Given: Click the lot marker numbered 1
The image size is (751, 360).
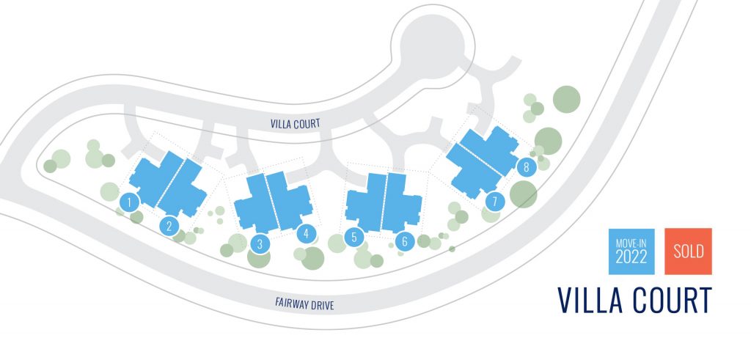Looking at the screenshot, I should (x=129, y=201).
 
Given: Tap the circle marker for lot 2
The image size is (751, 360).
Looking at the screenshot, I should (x=169, y=226).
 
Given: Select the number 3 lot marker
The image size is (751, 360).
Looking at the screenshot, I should (x=259, y=243).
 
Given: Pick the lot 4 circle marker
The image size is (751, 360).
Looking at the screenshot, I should (x=306, y=234).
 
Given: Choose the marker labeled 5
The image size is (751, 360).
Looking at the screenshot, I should (x=354, y=237).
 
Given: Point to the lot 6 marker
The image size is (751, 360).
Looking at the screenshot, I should (x=404, y=240).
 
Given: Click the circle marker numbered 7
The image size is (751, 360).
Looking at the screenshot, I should (x=494, y=200).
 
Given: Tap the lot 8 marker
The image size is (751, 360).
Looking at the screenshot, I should (x=526, y=167).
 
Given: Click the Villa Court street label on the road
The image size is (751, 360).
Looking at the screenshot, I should (x=294, y=125).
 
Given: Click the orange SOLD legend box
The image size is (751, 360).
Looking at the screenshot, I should (x=688, y=251).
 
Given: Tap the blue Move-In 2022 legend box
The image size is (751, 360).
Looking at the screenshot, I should (x=631, y=251).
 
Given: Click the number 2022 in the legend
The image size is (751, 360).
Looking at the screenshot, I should (x=631, y=258).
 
